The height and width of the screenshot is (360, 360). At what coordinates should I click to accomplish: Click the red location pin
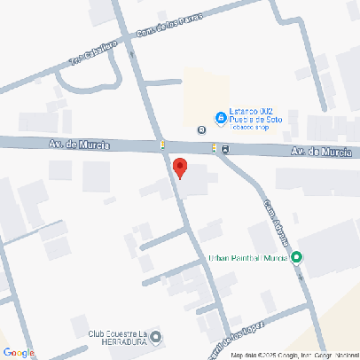click(179, 168)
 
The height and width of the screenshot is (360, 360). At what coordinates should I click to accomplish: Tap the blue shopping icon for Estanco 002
click(221, 118)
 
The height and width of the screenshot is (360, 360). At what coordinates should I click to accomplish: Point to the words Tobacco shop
click(250, 127)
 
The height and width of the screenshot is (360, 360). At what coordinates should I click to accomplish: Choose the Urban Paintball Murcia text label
click(248, 258)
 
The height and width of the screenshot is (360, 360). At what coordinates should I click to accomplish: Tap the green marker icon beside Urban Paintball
click(297, 258)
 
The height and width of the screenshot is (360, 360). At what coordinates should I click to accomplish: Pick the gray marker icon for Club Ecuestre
click(157, 337)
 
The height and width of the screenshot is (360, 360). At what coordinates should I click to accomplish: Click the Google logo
click(20, 352)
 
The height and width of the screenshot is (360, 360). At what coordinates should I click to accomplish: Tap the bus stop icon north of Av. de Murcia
click(202, 129)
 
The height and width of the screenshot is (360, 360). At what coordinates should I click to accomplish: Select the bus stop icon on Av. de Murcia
click(224, 148)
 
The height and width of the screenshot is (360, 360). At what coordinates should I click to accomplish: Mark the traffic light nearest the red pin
click(162, 145)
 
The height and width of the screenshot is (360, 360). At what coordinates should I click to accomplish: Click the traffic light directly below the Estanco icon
click(214, 147)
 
